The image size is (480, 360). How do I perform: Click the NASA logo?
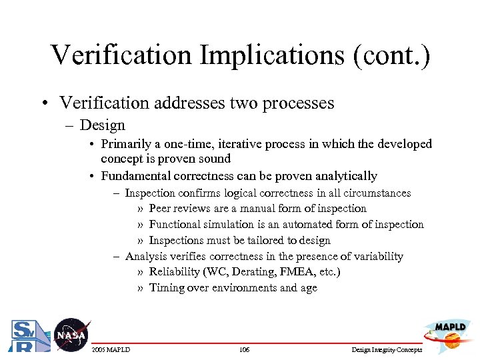pos(71,335)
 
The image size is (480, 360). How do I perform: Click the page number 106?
pos(243,350)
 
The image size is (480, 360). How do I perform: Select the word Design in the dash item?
pos(102,125)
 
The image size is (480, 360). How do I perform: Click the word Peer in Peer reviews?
pos(161,209)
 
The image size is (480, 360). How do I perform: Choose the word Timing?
pos(166,288)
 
